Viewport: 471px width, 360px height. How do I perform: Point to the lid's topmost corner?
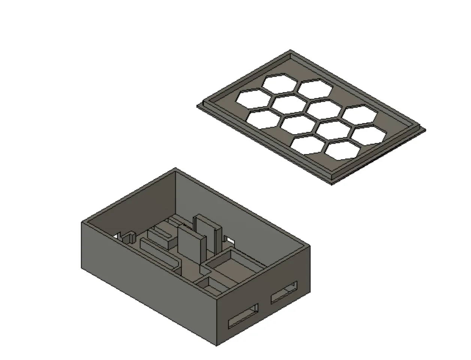(290, 51)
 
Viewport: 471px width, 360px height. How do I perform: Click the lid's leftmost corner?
(198, 106)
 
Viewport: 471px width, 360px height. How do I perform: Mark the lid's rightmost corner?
(425, 130)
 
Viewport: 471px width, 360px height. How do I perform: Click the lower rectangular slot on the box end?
(243, 315)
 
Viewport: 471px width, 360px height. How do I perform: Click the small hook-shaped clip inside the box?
(129, 237)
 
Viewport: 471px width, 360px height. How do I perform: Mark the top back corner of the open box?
(176, 169)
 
